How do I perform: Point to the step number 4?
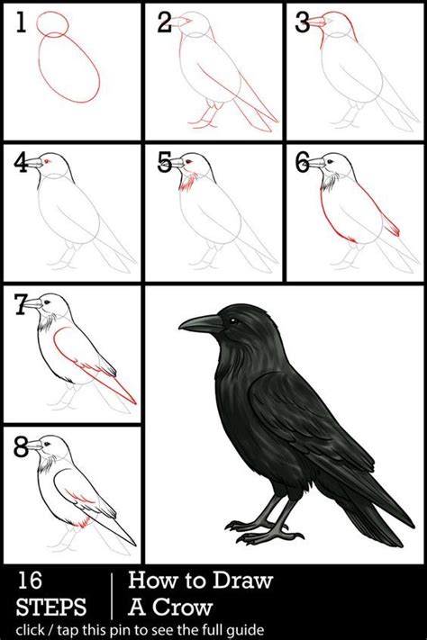point(22,164)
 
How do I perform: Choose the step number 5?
point(164,164)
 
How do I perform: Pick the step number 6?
point(303,164)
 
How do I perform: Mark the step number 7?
point(21,306)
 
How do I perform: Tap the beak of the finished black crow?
point(199,323)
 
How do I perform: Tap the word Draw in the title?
point(244,581)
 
